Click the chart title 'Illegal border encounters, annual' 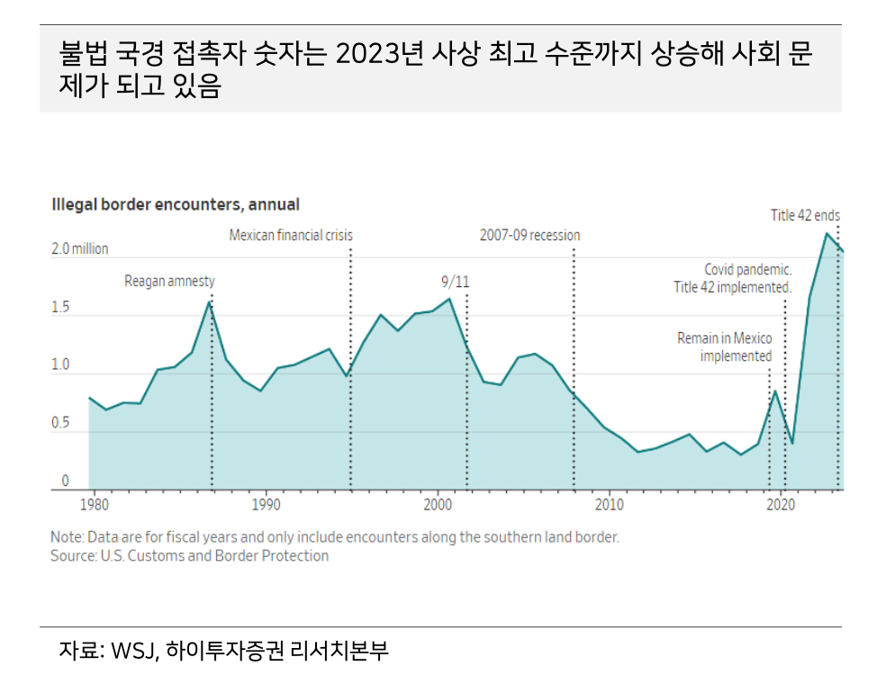pyautogui.click(x=176, y=205)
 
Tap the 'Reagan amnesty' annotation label pyautogui.click(x=169, y=282)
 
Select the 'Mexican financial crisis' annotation pyautogui.click(x=291, y=236)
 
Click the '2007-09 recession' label pyautogui.click(x=529, y=236)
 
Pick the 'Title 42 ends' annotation pyautogui.click(x=805, y=216)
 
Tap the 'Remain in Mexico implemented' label pyautogui.click(x=725, y=346)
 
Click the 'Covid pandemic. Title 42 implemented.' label pyautogui.click(x=733, y=278)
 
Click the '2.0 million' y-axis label pyautogui.click(x=79, y=249)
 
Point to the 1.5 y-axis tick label pyautogui.click(x=60, y=308)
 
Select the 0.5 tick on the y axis pyautogui.click(x=60, y=424)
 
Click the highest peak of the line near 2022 pyautogui.click(x=826, y=233)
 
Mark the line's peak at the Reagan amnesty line pyautogui.click(x=210, y=301)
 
